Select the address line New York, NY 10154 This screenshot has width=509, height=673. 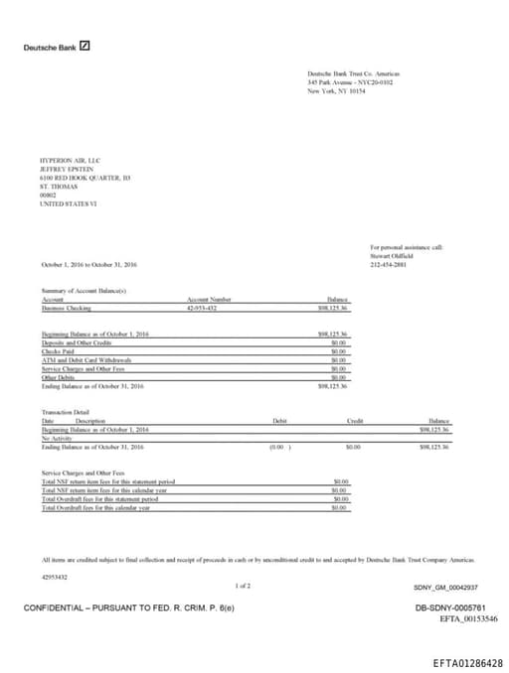[x=338, y=90]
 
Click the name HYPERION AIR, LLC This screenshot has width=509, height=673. [x=70, y=160]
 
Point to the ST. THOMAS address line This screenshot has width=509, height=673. [x=57, y=186]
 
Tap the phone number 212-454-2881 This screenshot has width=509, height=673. [x=388, y=265]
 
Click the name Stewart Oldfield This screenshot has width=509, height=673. [x=390, y=256]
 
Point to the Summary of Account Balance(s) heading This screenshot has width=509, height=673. [x=85, y=290]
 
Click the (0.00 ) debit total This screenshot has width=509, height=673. [x=280, y=448]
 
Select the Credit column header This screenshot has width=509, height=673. [x=355, y=421]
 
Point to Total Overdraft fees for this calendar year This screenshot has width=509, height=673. [x=96, y=507]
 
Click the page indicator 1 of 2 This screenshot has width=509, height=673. [x=243, y=587]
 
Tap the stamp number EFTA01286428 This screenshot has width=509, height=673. [x=467, y=662]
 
